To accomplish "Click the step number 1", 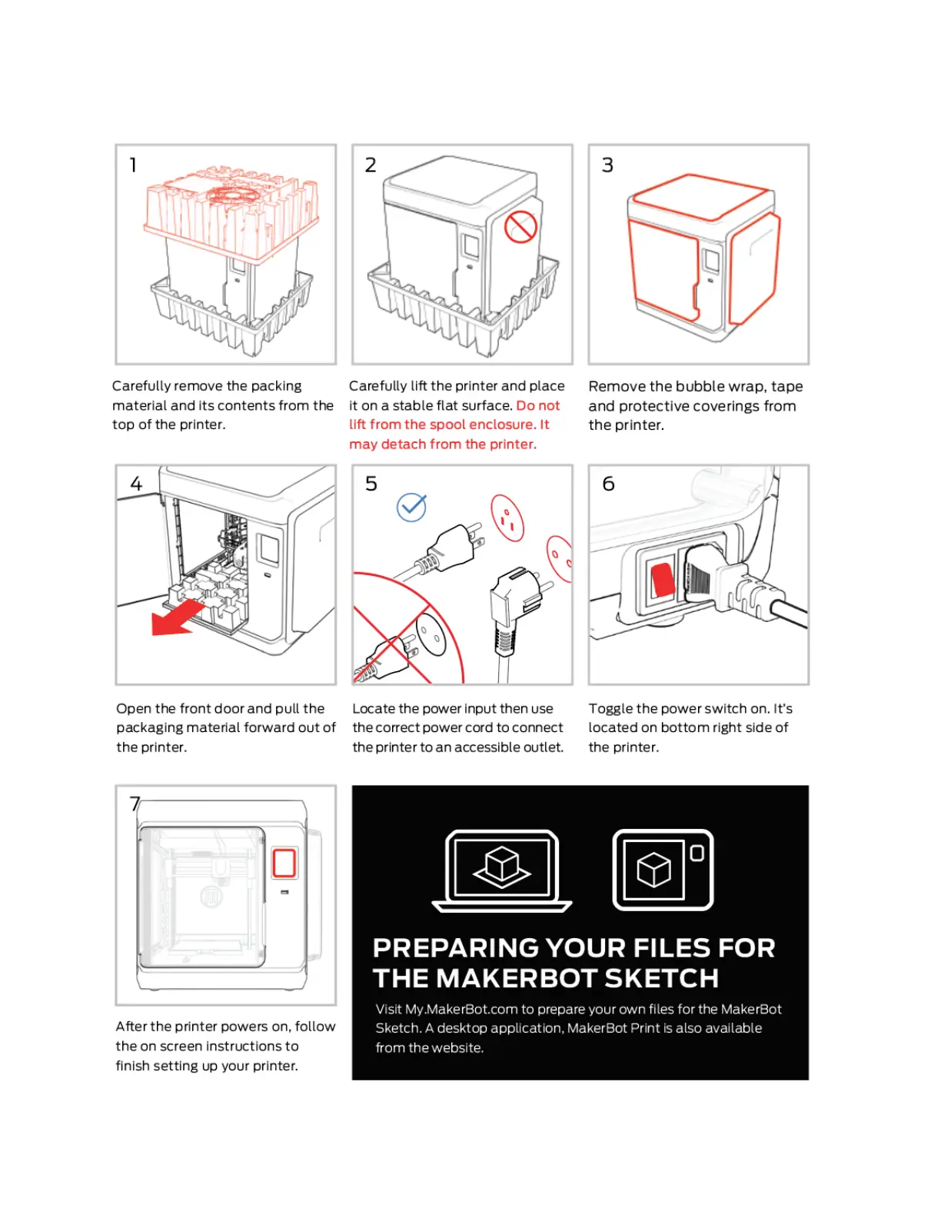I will pos(133,165).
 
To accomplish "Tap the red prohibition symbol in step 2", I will pos(520,227).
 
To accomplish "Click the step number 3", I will pos(607,165).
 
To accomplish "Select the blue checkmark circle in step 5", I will pos(411,507).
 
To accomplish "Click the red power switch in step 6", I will pos(661,580).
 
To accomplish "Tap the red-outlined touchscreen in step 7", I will pos(284,863).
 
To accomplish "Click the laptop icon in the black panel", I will pos(502,870).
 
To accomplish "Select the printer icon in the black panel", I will pos(663,870).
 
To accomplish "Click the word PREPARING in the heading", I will pos(456,948).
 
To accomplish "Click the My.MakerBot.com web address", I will pos(461,1010).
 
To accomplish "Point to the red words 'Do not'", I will pos(538,406).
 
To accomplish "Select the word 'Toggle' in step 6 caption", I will pos(610,709).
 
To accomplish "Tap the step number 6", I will pos(608,484).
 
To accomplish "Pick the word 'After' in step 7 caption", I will pos(131,1027).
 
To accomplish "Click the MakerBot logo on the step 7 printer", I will pos(211,897).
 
